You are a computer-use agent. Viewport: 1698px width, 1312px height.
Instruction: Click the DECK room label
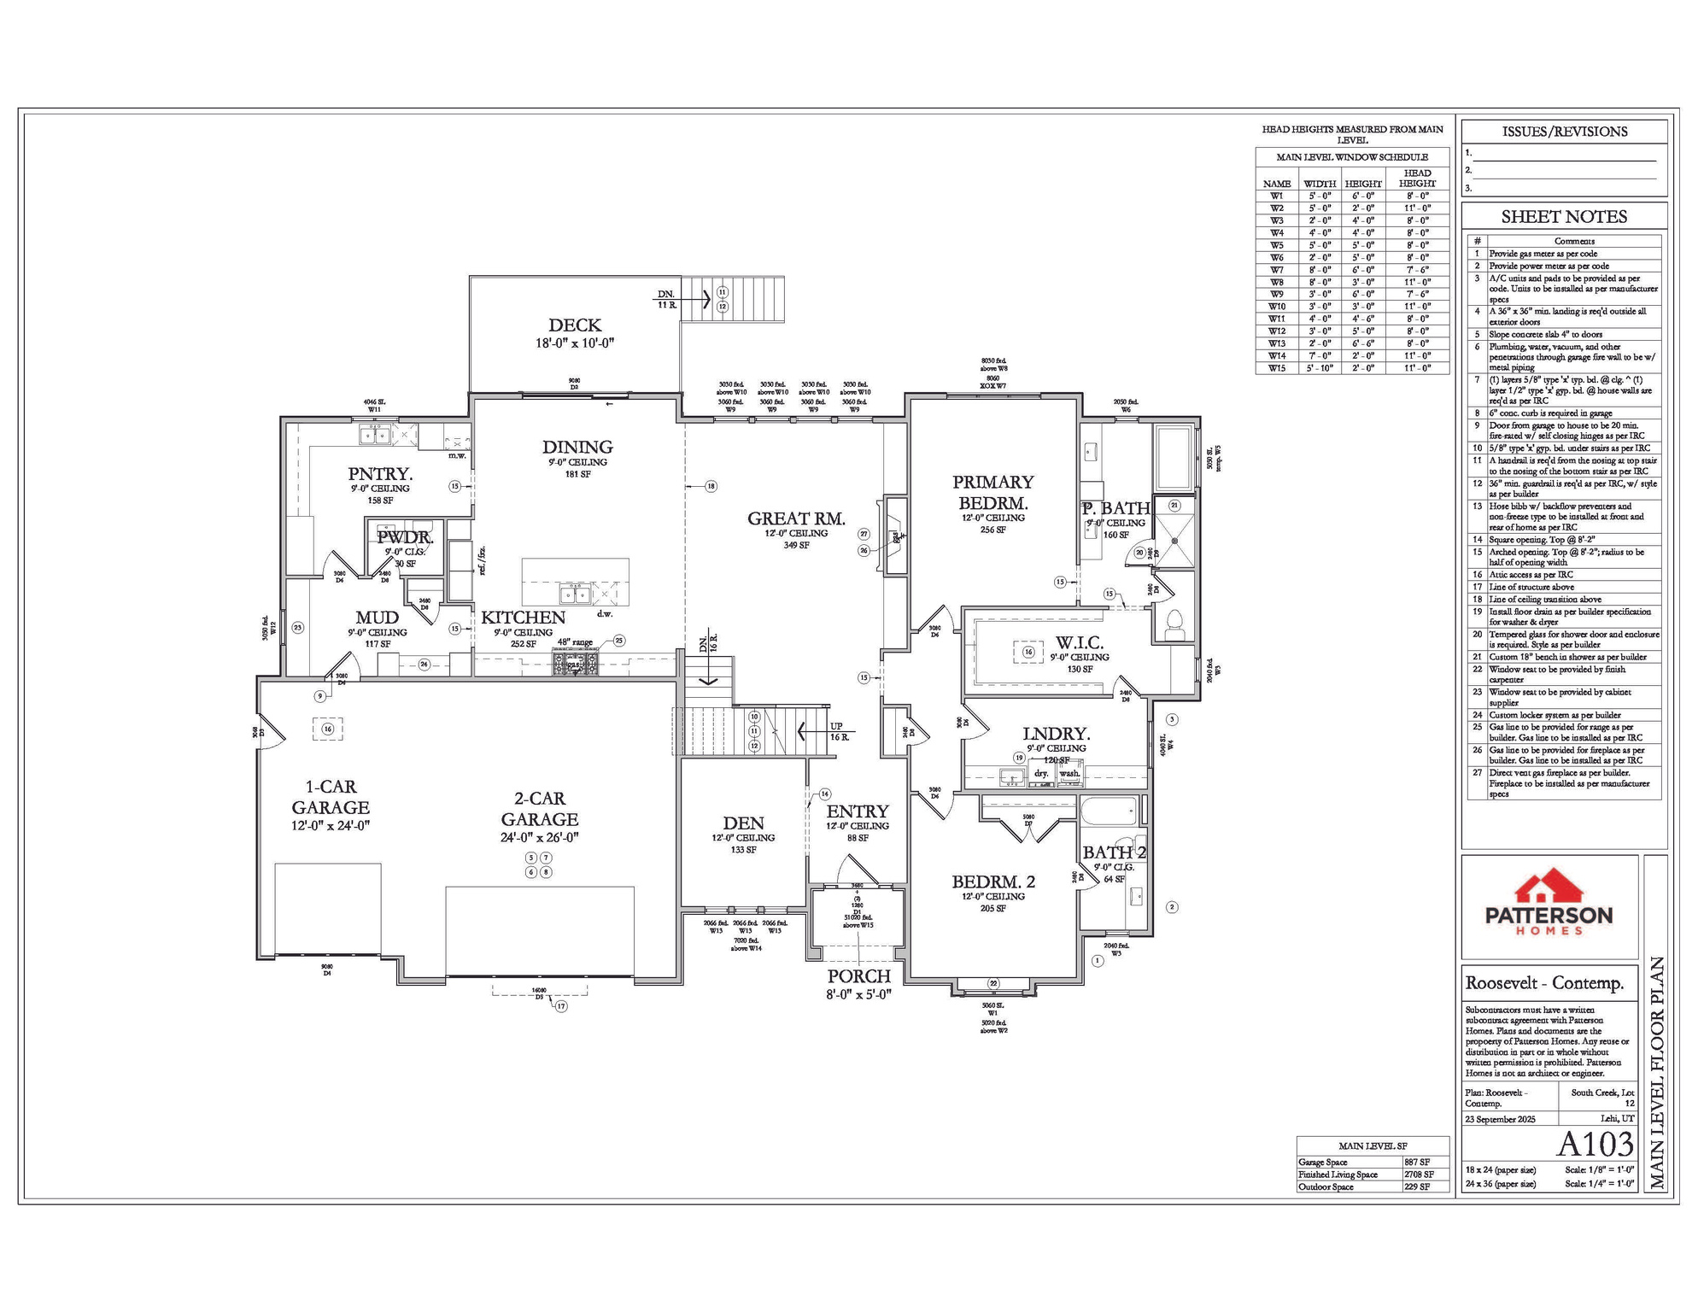(575, 325)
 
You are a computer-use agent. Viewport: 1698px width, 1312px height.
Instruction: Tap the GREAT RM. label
(796, 518)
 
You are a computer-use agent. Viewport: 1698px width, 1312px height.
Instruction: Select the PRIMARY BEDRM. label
(992, 493)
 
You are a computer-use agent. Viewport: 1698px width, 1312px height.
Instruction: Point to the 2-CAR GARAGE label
(539, 808)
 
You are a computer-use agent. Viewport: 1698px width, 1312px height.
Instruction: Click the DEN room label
(743, 823)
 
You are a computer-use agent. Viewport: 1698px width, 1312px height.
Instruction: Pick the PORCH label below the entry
(858, 975)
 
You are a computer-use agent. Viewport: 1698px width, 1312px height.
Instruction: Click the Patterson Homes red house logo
(1549, 887)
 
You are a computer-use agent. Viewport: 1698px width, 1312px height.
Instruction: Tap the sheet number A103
(1596, 1145)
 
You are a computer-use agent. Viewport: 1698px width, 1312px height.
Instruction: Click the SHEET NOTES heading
(1564, 217)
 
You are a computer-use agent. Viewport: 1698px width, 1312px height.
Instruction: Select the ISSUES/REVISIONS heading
(1564, 132)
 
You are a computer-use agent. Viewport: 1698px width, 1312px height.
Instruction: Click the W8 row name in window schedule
(1276, 282)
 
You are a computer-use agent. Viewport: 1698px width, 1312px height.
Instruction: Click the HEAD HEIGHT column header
(1417, 178)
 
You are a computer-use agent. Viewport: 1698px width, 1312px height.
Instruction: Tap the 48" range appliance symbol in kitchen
(575, 662)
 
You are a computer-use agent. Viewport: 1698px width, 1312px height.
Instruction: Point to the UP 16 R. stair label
(838, 731)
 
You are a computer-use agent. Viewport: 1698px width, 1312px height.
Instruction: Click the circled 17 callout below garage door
(561, 1006)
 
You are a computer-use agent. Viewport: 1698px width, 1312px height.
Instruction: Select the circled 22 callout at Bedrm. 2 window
(993, 984)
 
